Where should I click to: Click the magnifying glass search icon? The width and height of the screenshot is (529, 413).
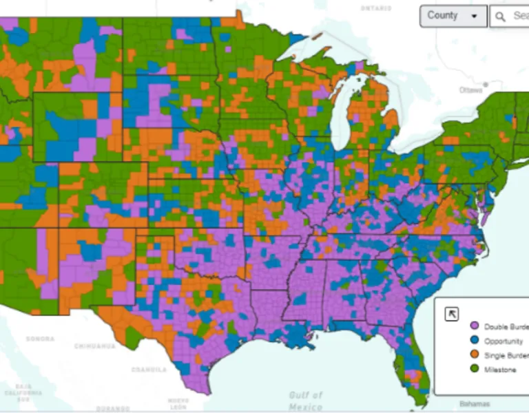[501, 16]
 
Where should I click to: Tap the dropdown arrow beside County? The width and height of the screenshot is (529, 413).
[474, 17]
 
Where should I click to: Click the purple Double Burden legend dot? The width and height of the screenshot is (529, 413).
[474, 326]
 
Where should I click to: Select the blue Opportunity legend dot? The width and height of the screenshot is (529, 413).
[474, 341]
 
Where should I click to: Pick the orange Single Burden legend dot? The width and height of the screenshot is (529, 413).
[474, 355]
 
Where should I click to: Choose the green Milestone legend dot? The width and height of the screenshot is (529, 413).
[474, 370]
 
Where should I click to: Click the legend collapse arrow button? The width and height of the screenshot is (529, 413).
[452, 314]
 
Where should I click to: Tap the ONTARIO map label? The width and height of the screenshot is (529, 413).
[375, 8]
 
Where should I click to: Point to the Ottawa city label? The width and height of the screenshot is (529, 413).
[471, 90]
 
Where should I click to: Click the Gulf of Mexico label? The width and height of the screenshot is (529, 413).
[305, 401]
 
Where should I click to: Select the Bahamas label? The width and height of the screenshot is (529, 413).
[472, 404]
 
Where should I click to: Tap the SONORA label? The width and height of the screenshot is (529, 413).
[40, 339]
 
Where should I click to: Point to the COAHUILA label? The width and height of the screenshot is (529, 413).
[149, 370]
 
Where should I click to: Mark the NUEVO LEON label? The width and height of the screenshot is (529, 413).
[178, 403]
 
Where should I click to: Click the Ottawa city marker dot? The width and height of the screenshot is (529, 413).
[486, 85]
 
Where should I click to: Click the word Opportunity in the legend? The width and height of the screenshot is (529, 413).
[503, 341]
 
